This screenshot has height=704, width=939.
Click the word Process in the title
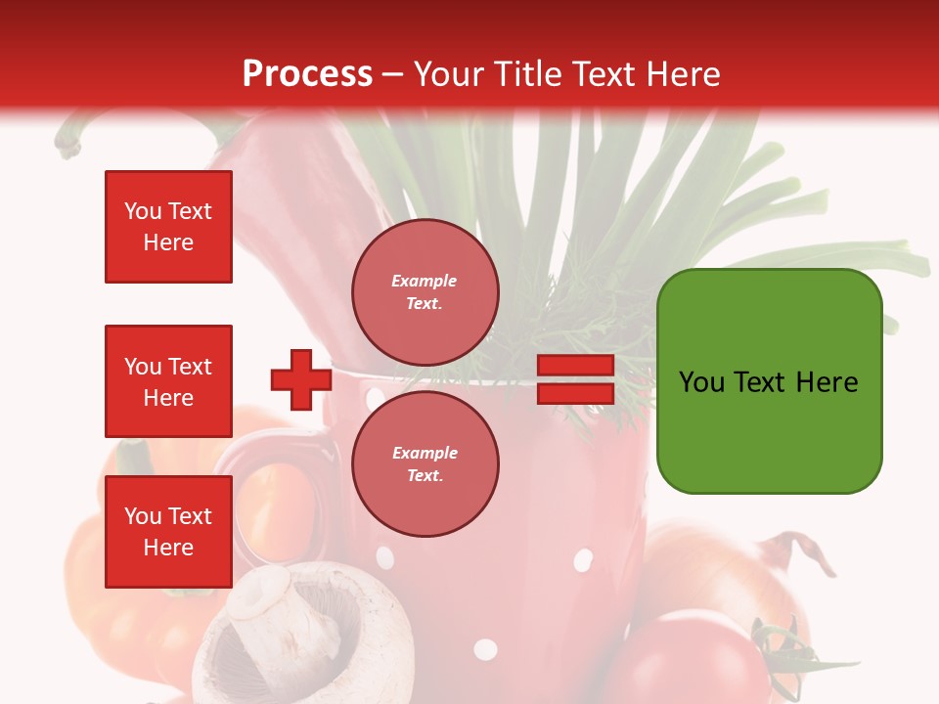pos(307,74)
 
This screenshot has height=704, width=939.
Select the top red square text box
pos(168,227)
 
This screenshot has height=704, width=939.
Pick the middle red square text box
pos(168,381)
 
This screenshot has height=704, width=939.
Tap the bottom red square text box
pos(168,532)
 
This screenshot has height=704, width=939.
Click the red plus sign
pos(300,380)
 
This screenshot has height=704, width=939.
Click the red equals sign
pos(575,380)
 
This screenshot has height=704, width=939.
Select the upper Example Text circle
pos(425,292)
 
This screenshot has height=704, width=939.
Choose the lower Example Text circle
pos(425,464)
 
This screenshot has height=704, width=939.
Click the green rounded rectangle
pos(769,380)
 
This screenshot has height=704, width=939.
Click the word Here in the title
pos(686,74)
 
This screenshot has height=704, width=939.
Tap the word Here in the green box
pos(827,382)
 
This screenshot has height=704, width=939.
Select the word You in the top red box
pos(143,211)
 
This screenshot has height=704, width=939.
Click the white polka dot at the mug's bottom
pos(485,649)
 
